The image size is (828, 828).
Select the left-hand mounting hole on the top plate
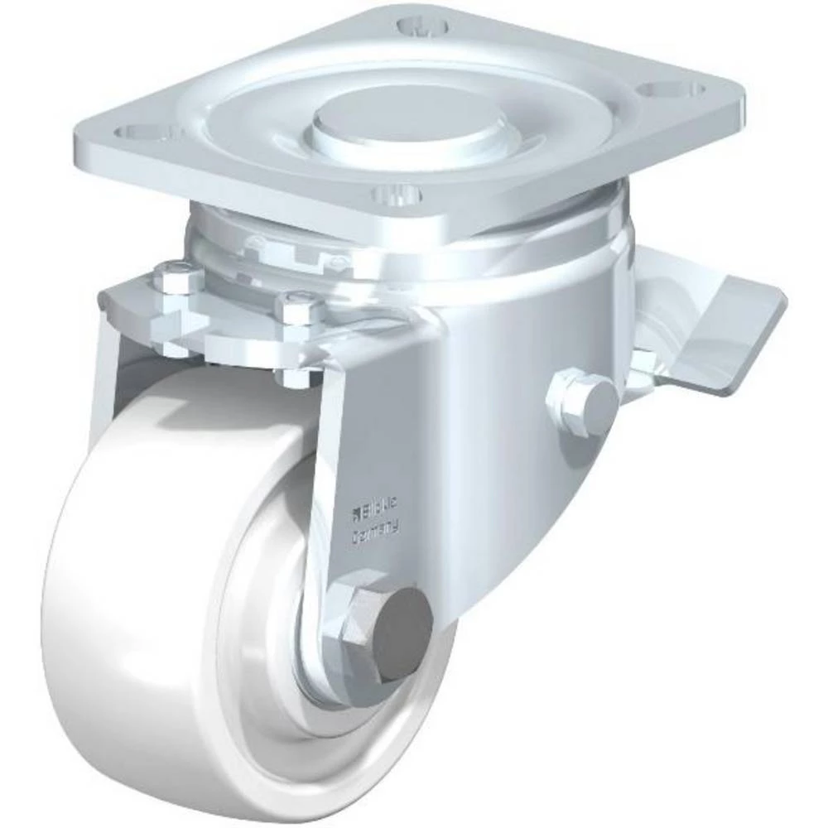click(x=143, y=132)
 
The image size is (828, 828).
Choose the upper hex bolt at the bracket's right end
click(x=297, y=310)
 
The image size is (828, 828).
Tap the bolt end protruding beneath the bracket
click(x=298, y=377)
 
